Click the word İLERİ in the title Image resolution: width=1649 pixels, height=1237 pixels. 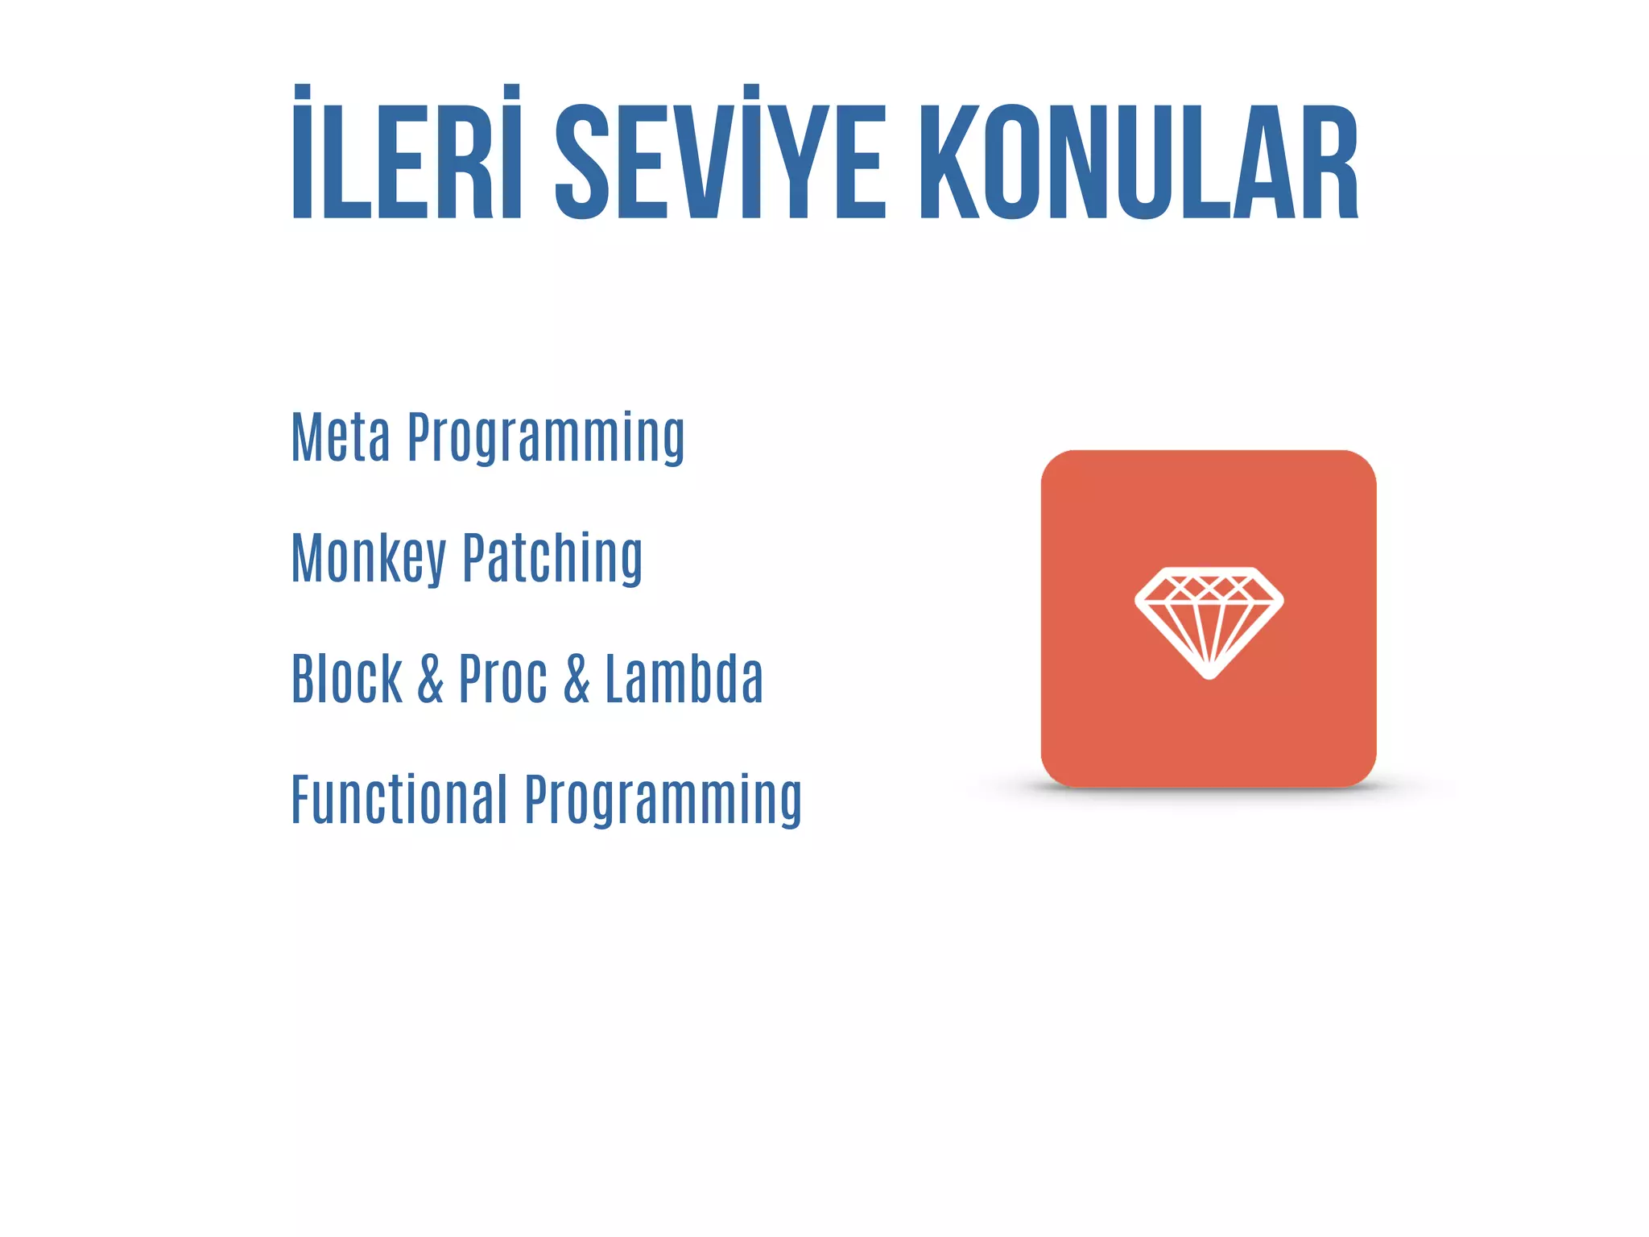click(x=407, y=153)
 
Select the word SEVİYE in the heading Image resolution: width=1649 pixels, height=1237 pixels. click(x=721, y=153)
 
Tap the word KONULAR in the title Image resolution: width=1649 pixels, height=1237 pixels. click(x=1139, y=161)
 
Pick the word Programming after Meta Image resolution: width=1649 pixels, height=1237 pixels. click(x=546, y=439)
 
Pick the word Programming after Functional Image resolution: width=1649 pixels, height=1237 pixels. click(x=663, y=801)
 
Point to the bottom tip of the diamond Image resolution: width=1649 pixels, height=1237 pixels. click(x=1209, y=674)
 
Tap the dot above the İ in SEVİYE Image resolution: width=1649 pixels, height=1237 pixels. click(x=751, y=90)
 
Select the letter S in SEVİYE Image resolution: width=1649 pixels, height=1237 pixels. click(x=582, y=161)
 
